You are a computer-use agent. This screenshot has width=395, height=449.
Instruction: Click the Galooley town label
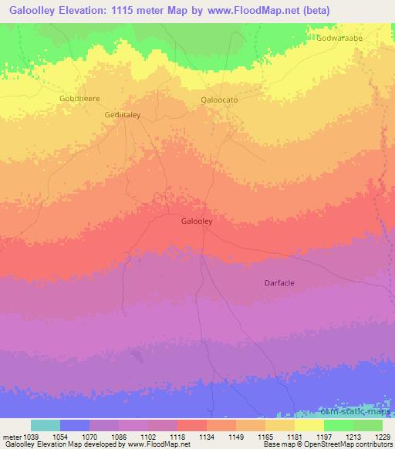197,221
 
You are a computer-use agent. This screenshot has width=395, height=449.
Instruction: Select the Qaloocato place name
219,100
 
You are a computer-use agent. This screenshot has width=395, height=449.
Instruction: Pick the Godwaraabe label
340,37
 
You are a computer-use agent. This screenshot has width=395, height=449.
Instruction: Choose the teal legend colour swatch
46,425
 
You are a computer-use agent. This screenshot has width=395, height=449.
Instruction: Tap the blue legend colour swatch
75,425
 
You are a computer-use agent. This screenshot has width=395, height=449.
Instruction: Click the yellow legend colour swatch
309,425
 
